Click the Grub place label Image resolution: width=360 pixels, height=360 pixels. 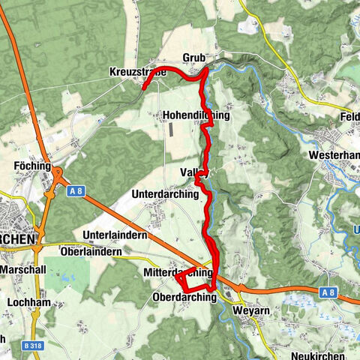pos(193,58)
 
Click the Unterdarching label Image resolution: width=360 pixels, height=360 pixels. pos(165,193)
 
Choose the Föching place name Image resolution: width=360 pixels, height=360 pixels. pos(31,166)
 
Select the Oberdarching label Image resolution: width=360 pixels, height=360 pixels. pos(184,297)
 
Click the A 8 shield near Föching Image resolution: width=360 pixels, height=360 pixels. pos(75,191)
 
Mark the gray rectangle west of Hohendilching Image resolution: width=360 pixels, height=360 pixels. pos(170,129)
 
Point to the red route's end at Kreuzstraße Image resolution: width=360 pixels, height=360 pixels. pos(143,86)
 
